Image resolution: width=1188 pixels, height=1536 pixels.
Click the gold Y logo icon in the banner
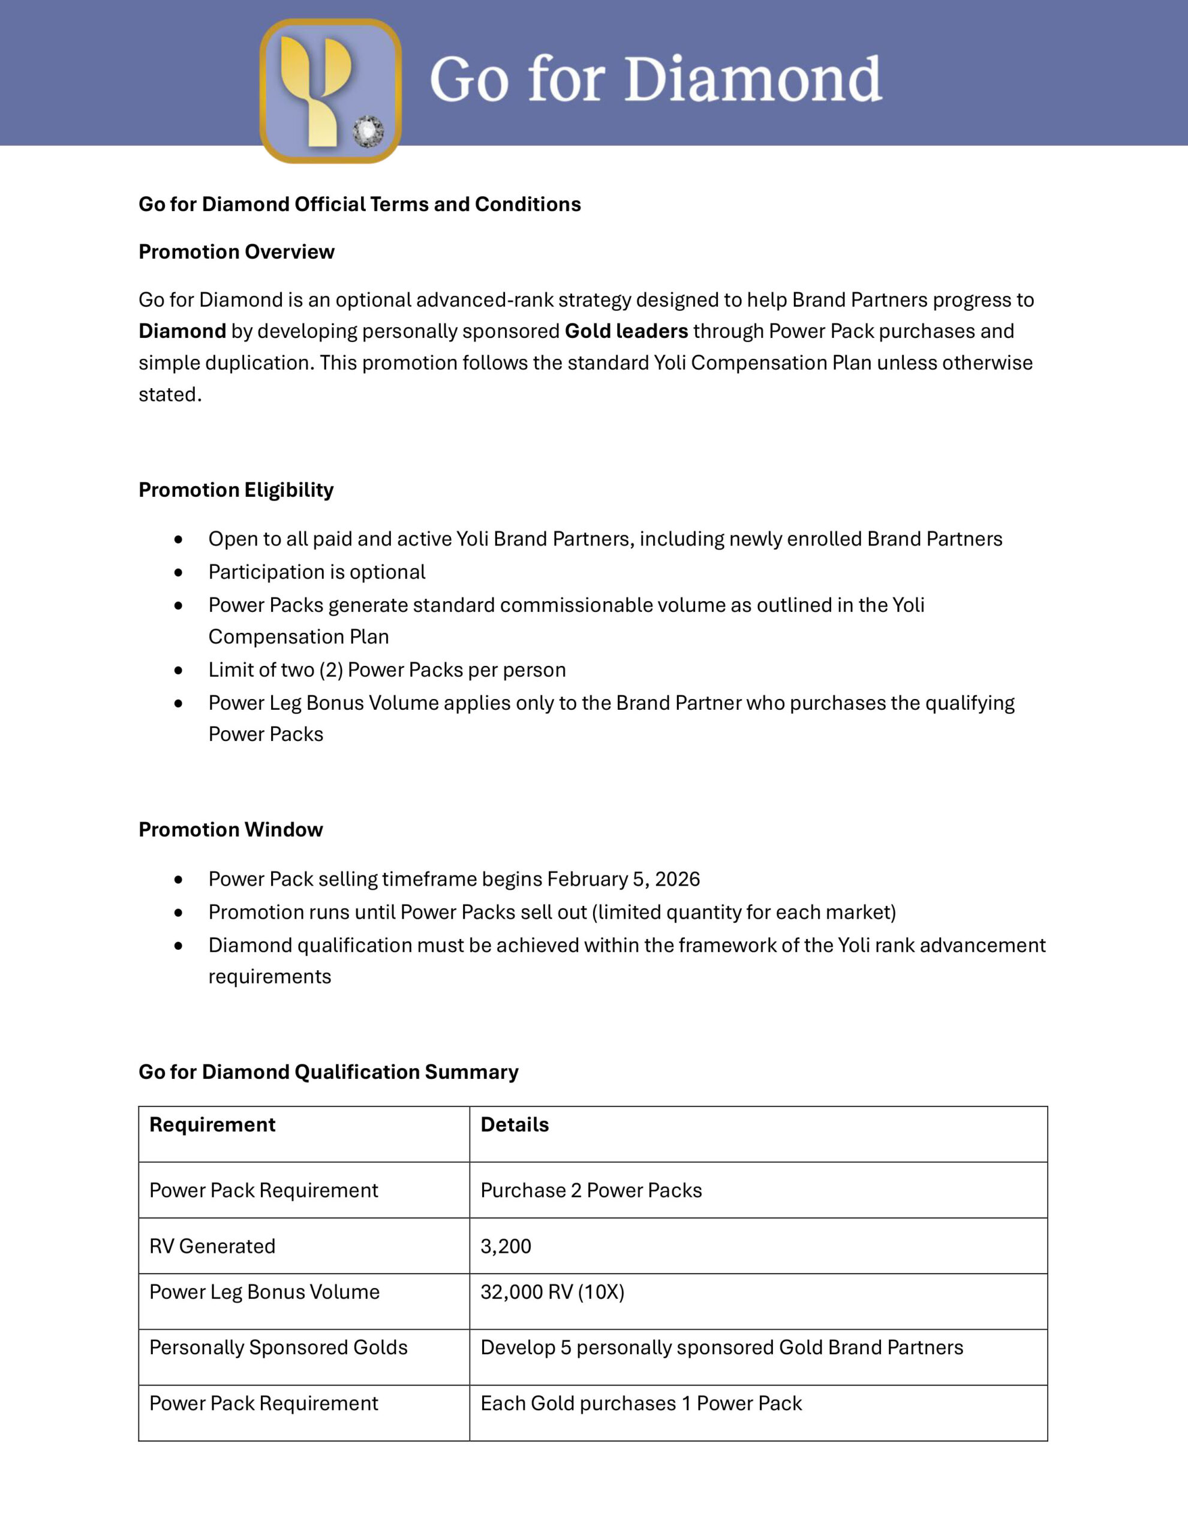click(330, 91)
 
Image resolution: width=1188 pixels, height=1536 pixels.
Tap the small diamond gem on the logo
click(368, 131)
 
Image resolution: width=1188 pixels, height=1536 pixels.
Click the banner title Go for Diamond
click(655, 79)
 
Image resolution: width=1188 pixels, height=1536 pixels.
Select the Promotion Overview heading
click(236, 252)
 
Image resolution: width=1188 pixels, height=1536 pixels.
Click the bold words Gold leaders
click(626, 331)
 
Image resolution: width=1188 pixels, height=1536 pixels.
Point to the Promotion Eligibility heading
click(236, 490)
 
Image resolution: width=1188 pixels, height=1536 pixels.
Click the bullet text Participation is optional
click(316, 572)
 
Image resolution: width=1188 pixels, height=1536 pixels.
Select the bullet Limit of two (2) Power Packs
click(387, 670)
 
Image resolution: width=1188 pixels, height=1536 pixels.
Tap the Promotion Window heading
click(230, 830)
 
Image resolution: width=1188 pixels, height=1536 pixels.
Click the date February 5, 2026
click(624, 879)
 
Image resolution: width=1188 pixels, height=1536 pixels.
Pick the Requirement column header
click(212, 1124)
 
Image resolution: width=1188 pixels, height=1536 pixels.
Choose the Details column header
click(515, 1124)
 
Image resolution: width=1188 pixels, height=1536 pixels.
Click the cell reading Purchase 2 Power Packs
click(591, 1190)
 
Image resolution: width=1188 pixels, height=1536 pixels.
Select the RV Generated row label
click(212, 1246)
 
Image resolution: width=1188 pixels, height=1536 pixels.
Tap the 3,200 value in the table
click(506, 1246)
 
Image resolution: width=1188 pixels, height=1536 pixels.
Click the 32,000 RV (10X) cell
click(552, 1292)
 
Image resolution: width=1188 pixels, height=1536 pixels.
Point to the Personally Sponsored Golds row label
click(278, 1348)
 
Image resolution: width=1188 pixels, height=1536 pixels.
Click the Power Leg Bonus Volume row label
click(264, 1292)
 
